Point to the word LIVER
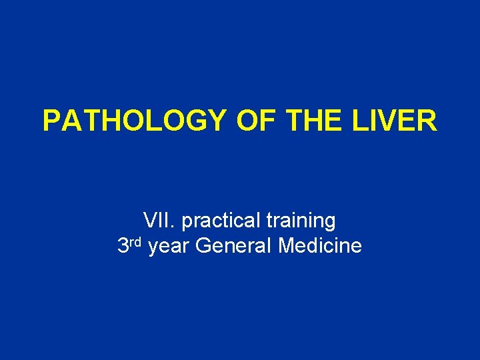(400, 121)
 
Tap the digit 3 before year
(123, 247)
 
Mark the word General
(235, 247)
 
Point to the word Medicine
(321, 247)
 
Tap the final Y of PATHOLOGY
(218, 121)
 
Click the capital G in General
(205, 247)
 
